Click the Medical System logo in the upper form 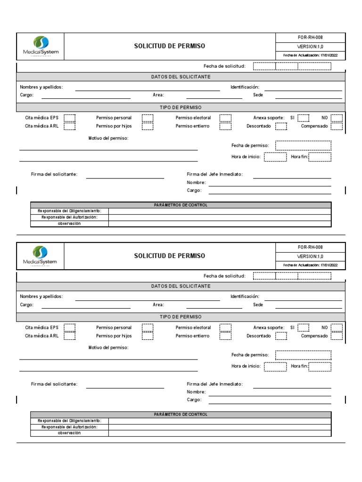(x=41, y=46)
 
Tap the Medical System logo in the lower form (x=41, y=256)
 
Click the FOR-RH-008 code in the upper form (x=310, y=37)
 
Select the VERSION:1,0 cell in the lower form (x=310, y=256)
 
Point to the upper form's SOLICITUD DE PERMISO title (x=170, y=46)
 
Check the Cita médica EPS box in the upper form (x=69, y=118)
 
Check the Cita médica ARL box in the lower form (x=69, y=336)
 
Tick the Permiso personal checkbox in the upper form (x=148, y=118)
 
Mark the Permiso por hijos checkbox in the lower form (x=148, y=336)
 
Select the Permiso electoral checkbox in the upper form (x=225, y=118)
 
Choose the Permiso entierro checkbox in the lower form (x=225, y=336)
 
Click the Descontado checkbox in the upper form (x=281, y=126)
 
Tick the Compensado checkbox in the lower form (x=337, y=336)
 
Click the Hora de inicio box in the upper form (x=275, y=157)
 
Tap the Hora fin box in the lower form (x=320, y=366)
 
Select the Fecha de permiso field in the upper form (x=303, y=145)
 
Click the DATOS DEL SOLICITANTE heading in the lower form (x=181, y=286)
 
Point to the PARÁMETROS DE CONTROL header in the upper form (x=181, y=205)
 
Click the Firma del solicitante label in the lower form (x=54, y=384)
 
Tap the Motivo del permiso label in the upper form (x=108, y=138)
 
